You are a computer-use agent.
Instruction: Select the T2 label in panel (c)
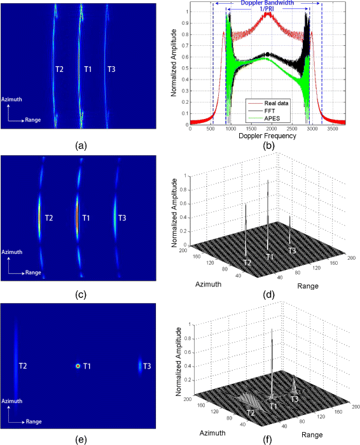(49, 219)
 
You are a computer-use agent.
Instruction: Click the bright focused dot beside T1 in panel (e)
(78, 366)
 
